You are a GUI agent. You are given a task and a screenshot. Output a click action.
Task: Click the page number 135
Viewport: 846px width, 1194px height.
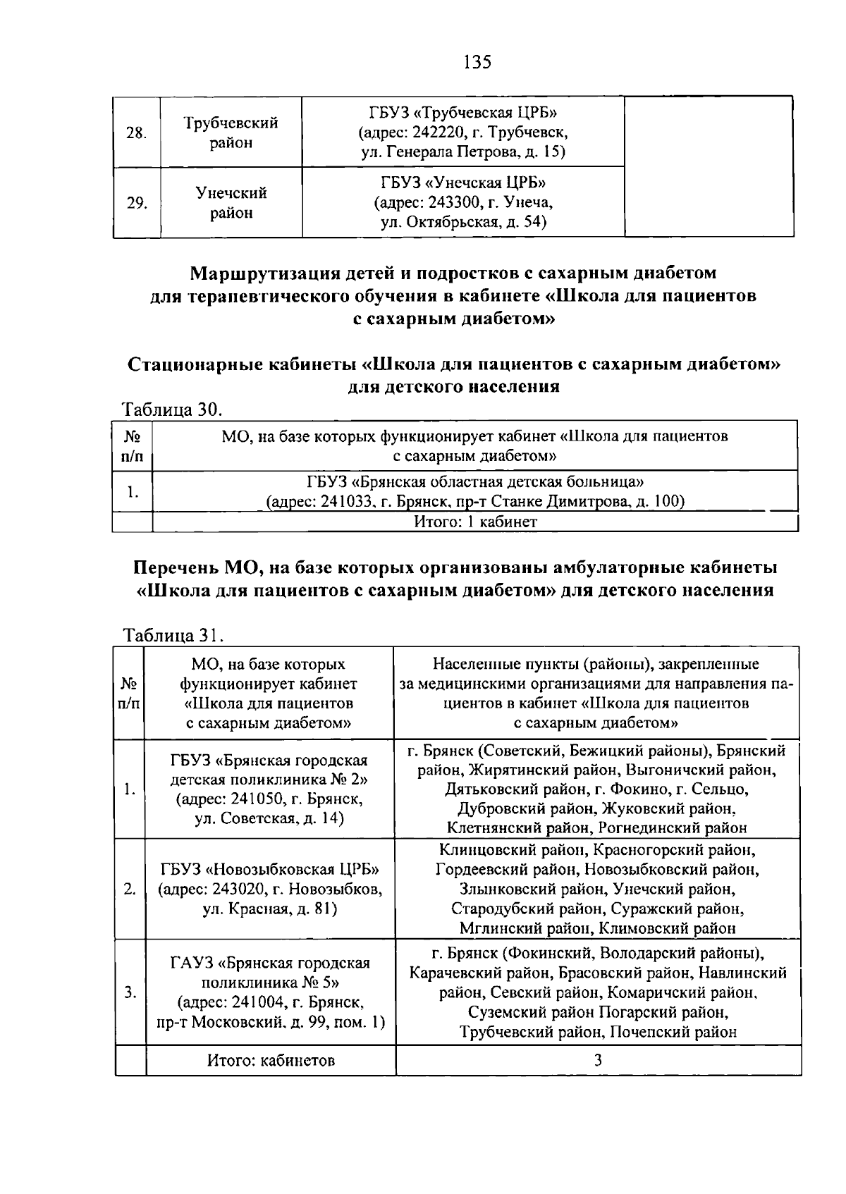tap(477, 62)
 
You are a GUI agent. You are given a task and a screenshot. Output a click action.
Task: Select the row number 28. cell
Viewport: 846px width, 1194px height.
tap(137, 133)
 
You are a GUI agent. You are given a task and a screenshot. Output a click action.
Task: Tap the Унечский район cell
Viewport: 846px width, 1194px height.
tap(231, 202)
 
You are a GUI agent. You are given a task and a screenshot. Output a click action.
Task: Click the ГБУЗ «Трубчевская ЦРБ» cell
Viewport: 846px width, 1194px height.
tap(462, 132)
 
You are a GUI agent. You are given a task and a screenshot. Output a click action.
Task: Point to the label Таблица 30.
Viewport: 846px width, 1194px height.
tap(172, 410)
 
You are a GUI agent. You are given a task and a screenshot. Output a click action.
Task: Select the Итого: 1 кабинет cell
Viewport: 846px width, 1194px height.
tap(474, 522)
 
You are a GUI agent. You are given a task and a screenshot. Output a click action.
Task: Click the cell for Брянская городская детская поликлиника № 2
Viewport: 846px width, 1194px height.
tap(269, 789)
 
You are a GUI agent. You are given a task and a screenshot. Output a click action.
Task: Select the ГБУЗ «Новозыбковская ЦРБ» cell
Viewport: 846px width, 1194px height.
tap(269, 889)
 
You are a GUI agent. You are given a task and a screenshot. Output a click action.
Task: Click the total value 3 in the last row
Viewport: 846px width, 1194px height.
tap(597, 1060)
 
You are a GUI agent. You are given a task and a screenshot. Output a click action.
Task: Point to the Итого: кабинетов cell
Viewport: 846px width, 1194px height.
tap(271, 1060)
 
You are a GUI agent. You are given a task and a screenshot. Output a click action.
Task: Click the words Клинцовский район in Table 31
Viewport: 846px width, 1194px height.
tap(503, 851)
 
